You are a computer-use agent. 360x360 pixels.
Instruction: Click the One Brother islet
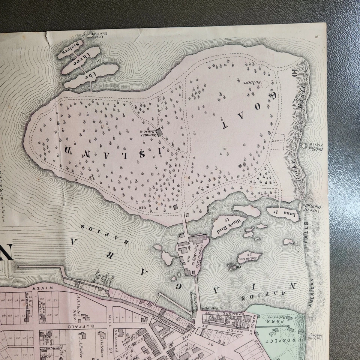[91, 36]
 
